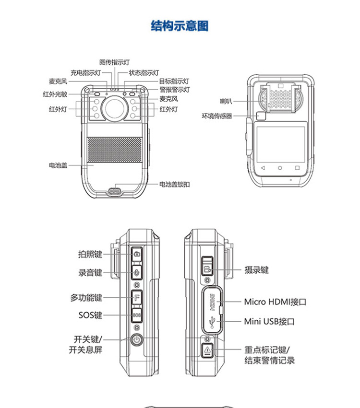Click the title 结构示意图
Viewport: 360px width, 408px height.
click(x=180, y=25)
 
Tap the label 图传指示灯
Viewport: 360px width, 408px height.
click(x=114, y=62)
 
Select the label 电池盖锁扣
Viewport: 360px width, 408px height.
click(x=174, y=184)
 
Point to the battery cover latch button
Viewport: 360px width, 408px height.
click(x=115, y=191)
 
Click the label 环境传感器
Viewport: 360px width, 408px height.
click(x=217, y=116)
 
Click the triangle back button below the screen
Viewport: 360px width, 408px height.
click(x=263, y=168)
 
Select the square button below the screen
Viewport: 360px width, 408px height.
click(x=298, y=168)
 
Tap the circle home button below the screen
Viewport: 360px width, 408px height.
click(x=280, y=168)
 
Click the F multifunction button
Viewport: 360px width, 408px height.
click(x=137, y=297)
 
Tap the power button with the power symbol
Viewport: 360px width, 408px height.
click(x=137, y=341)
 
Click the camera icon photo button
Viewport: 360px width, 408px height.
click(x=137, y=254)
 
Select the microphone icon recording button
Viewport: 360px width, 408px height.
click(x=137, y=272)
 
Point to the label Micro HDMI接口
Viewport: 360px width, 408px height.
click(x=275, y=302)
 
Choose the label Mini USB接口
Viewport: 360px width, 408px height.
click(x=269, y=321)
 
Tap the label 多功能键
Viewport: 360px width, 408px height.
click(x=86, y=298)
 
